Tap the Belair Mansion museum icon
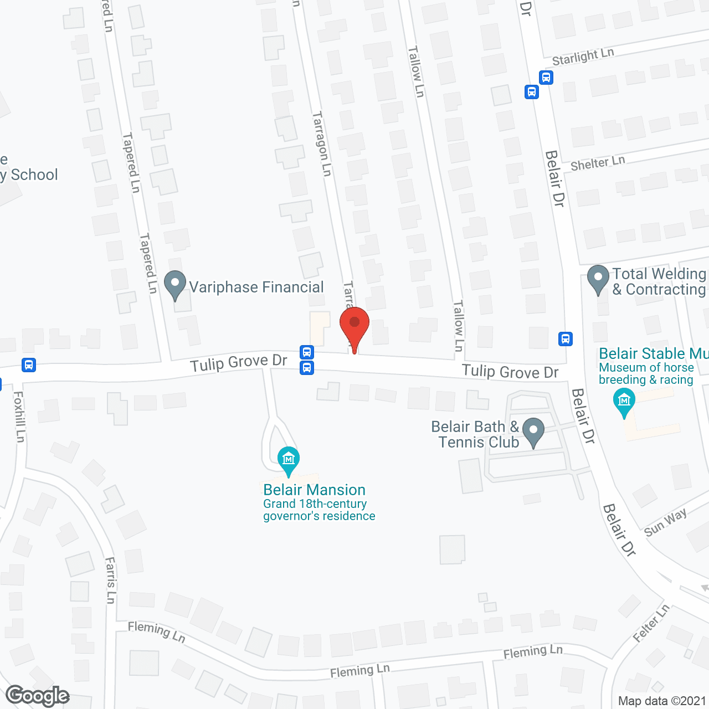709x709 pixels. pos(288,460)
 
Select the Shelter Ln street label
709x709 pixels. pos(597,163)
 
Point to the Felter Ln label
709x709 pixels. pos(651,623)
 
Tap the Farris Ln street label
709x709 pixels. pos(111,580)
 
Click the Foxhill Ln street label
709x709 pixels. pos(19,417)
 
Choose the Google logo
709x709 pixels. pos(38,696)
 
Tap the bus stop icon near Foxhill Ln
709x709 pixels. pos(29,365)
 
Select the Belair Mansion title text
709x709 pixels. pos(314,490)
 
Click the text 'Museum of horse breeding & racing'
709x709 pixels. pos(646,374)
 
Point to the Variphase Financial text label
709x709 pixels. pos(256,287)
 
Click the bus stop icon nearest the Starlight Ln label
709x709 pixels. pos(546,77)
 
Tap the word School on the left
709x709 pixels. pos(34,175)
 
